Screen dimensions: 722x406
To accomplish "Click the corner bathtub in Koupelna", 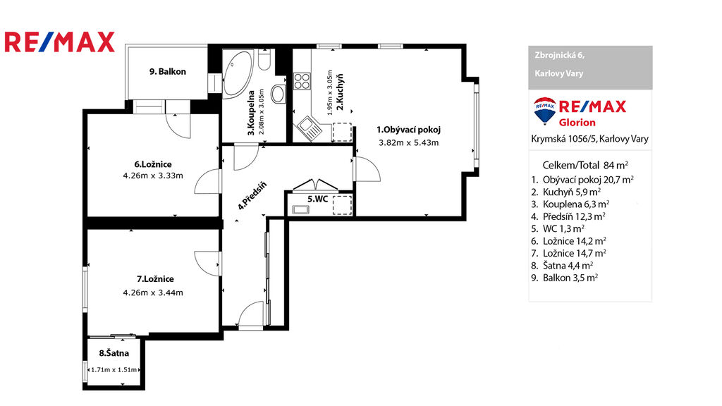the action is (x=237, y=73).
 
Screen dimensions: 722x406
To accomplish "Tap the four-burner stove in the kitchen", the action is (x=302, y=81).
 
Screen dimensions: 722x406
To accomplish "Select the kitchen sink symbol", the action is (x=309, y=128).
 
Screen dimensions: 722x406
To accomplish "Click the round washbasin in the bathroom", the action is (x=278, y=94).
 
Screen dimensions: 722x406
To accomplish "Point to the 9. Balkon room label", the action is (x=168, y=72).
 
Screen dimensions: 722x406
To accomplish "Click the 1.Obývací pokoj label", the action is (x=408, y=130).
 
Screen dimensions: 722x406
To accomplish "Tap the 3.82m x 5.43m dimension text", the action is (x=408, y=142).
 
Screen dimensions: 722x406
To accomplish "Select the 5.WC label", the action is (x=318, y=199).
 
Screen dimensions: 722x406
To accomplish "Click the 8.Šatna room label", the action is (x=114, y=354).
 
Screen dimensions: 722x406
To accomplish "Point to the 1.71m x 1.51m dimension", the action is (x=114, y=369).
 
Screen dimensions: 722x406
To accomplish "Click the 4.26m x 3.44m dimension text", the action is (x=153, y=293).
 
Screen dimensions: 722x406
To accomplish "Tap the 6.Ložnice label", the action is (x=153, y=164).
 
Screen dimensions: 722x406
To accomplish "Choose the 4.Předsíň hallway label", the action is (x=252, y=196).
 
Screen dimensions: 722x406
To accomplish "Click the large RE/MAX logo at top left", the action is (x=59, y=42).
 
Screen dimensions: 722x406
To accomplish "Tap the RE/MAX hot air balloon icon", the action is (x=544, y=111).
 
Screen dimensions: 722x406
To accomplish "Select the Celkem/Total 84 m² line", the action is (x=585, y=165).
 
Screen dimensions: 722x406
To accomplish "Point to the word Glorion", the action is (x=577, y=123).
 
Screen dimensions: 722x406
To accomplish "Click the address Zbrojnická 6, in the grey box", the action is (x=559, y=55).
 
